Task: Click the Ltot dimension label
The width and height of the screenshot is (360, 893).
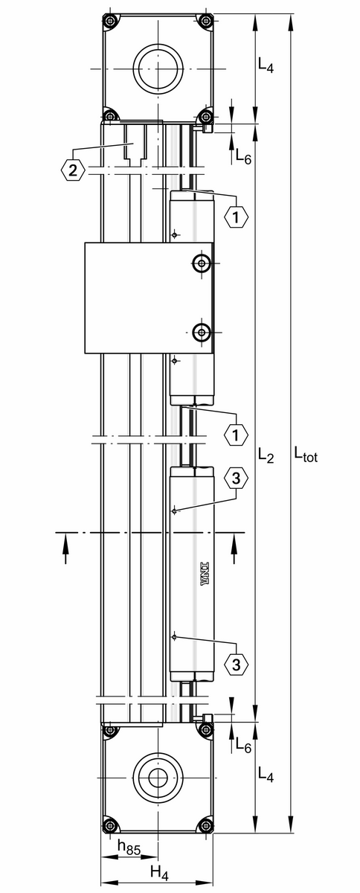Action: pos(306,454)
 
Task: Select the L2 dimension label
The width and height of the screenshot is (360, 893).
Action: pos(266,455)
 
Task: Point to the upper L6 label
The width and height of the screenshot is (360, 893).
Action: pos(243,156)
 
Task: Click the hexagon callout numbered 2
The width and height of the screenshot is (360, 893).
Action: pos(73,170)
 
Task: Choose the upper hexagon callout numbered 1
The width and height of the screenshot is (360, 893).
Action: pos(237,217)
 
